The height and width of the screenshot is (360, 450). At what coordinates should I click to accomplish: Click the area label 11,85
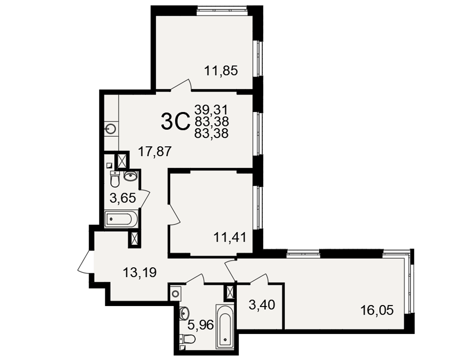click(x=221, y=71)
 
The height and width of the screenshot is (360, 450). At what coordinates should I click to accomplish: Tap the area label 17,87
click(x=155, y=151)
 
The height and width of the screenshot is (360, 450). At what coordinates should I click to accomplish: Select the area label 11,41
click(x=229, y=238)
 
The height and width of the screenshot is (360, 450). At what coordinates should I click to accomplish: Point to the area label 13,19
click(x=139, y=272)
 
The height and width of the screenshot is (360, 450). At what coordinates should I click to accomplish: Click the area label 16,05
click(x=377, y=310)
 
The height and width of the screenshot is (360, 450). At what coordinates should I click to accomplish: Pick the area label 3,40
click(x=262, y=305)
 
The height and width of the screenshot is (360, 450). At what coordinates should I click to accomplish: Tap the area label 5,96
click(x=201, y=325)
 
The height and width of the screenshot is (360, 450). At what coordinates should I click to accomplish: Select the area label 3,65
click(x=122, y=198)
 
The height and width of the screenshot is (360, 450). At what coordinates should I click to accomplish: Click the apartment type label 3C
click(x=175, y=121)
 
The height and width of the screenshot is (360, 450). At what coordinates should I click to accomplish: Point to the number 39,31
click(x=211, y=109)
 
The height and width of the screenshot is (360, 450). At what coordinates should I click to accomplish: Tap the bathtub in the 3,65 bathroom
click(x=121, y=219)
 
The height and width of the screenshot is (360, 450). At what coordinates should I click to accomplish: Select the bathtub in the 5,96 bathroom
click(x=225, y=326)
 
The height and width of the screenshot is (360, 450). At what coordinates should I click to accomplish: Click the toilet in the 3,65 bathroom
click(x=115, y=179)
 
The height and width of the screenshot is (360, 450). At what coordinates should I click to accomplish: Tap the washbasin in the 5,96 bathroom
click(x=184, y=312)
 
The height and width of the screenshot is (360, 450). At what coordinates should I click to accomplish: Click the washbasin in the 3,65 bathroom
click(x=130, y=175)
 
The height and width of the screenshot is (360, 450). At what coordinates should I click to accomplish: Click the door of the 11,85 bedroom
click(x=181, y=85)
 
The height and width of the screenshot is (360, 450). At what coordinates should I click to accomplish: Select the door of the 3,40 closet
click(x=259, y=279)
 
